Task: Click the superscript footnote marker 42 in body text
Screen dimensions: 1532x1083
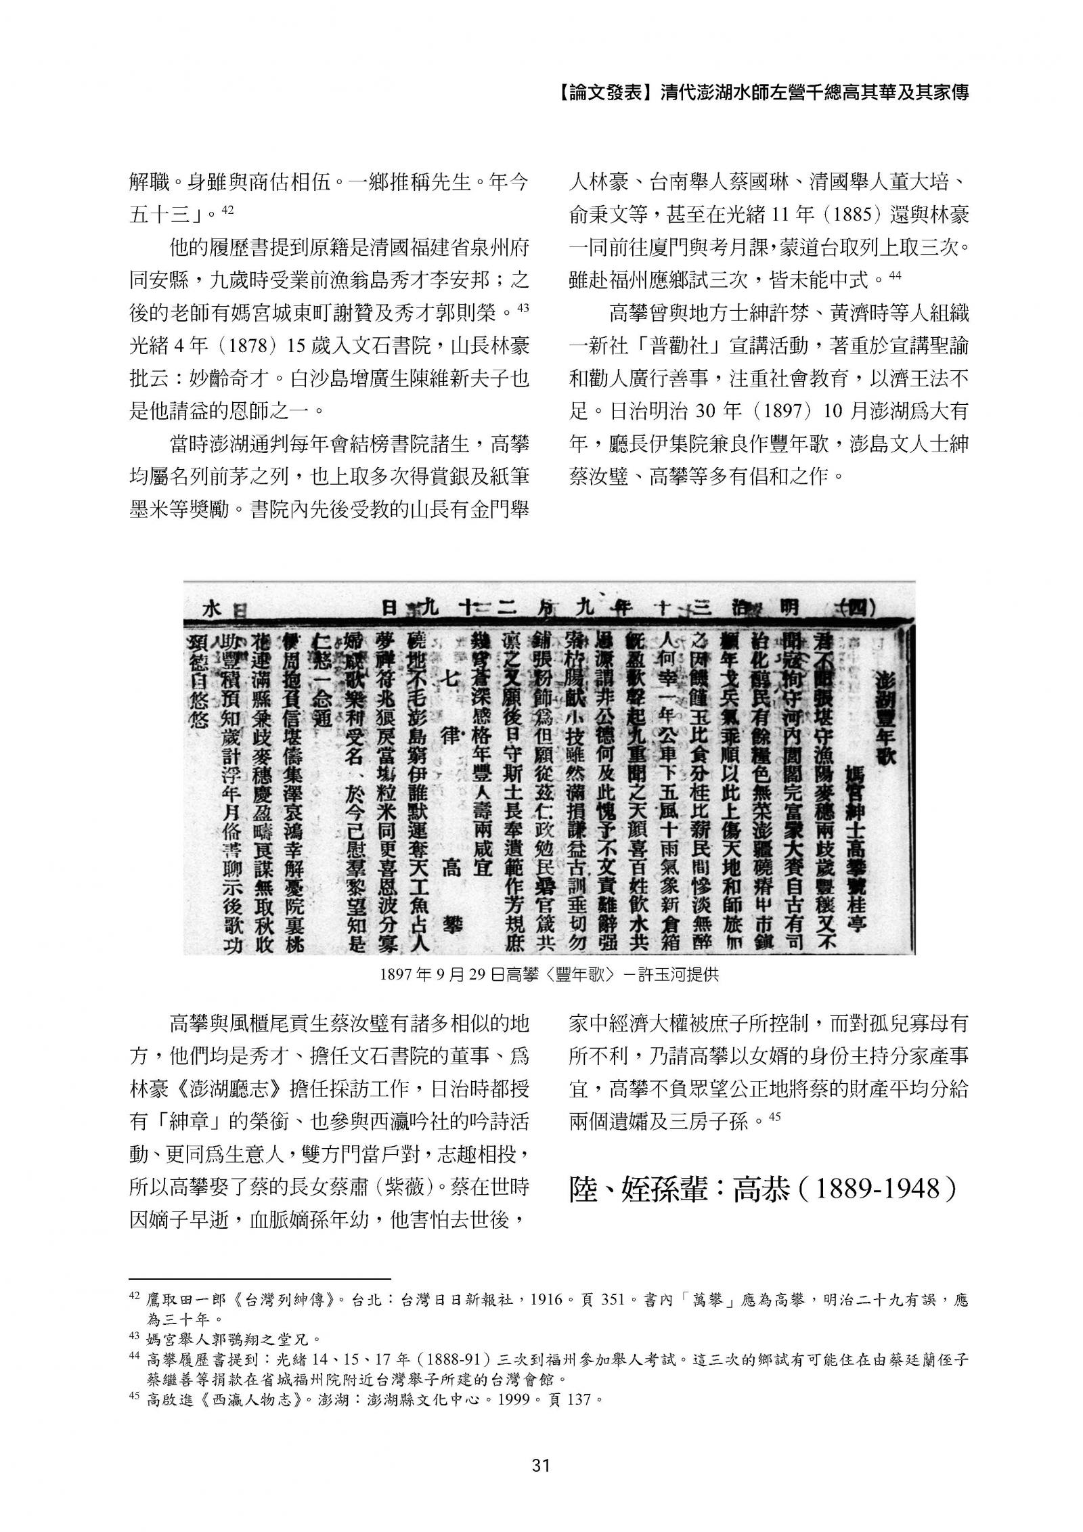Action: (227, 210)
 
